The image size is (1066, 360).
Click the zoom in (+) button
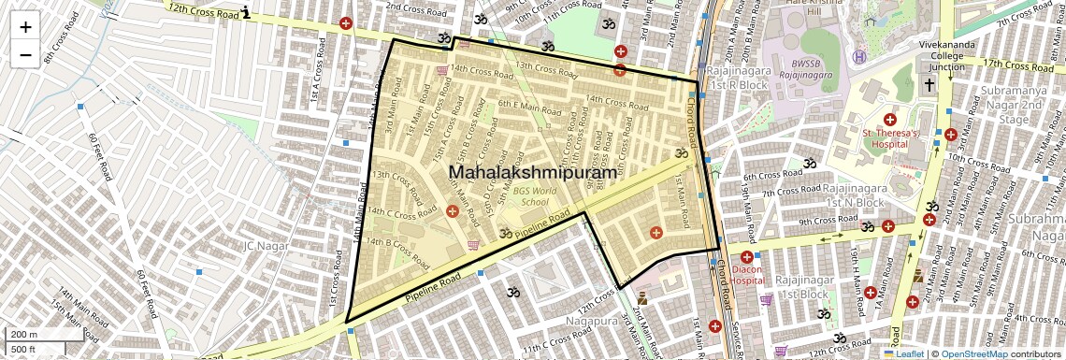[25, 27]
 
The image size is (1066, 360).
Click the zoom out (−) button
[25, 55]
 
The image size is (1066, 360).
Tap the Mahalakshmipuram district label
[533, 172]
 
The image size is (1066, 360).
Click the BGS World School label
[529, 195]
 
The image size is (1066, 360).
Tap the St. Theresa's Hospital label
[890, 138]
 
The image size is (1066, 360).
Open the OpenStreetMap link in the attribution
[973, 354]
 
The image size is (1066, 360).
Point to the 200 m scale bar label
[24, 335]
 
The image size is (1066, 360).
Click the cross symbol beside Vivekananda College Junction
[929, 85]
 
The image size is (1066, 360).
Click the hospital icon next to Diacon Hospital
[746, 257]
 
